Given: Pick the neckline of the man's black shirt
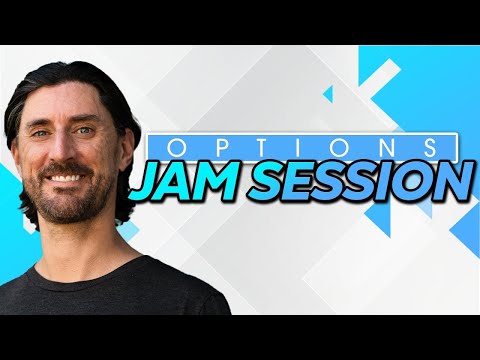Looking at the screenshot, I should [75, 262].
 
